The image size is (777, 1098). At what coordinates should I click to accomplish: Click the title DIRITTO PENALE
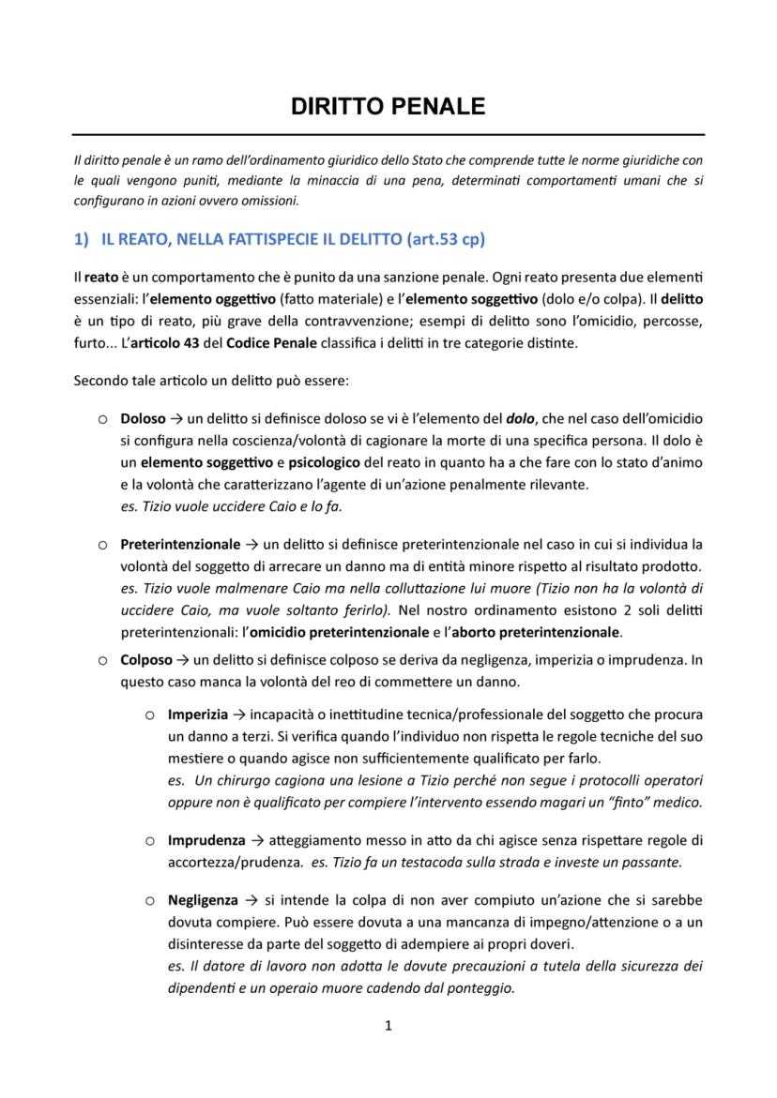click(x=388, y=106)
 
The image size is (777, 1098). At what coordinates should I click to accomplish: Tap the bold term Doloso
click(x=143, y=418)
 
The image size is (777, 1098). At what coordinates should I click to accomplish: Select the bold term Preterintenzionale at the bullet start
click(x=180, y=544)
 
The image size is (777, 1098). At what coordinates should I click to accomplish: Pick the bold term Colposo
click(x=146, y=660)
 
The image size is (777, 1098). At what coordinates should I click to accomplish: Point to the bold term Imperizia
click(x=198, y=714)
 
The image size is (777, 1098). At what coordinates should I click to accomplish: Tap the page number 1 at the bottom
click(x=388, y=1026)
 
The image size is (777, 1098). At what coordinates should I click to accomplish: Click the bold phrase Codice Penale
click(x=266, y=342)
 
